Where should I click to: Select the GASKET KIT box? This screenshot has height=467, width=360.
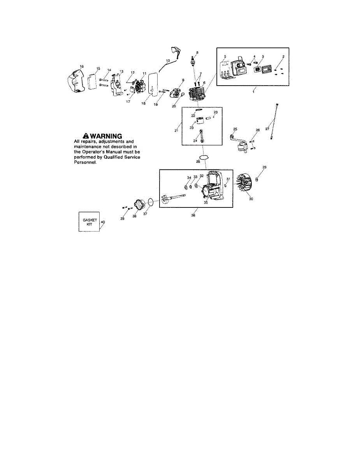click(x=89, y=222)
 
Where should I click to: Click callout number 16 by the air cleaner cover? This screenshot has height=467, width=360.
click(x=82, y=67)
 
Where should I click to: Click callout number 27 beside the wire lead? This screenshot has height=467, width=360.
click(x=267, y=128)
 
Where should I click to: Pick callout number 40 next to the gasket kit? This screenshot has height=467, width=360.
click(x=103, y=222)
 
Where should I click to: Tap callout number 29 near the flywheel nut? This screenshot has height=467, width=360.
click(x=264, y=167)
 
